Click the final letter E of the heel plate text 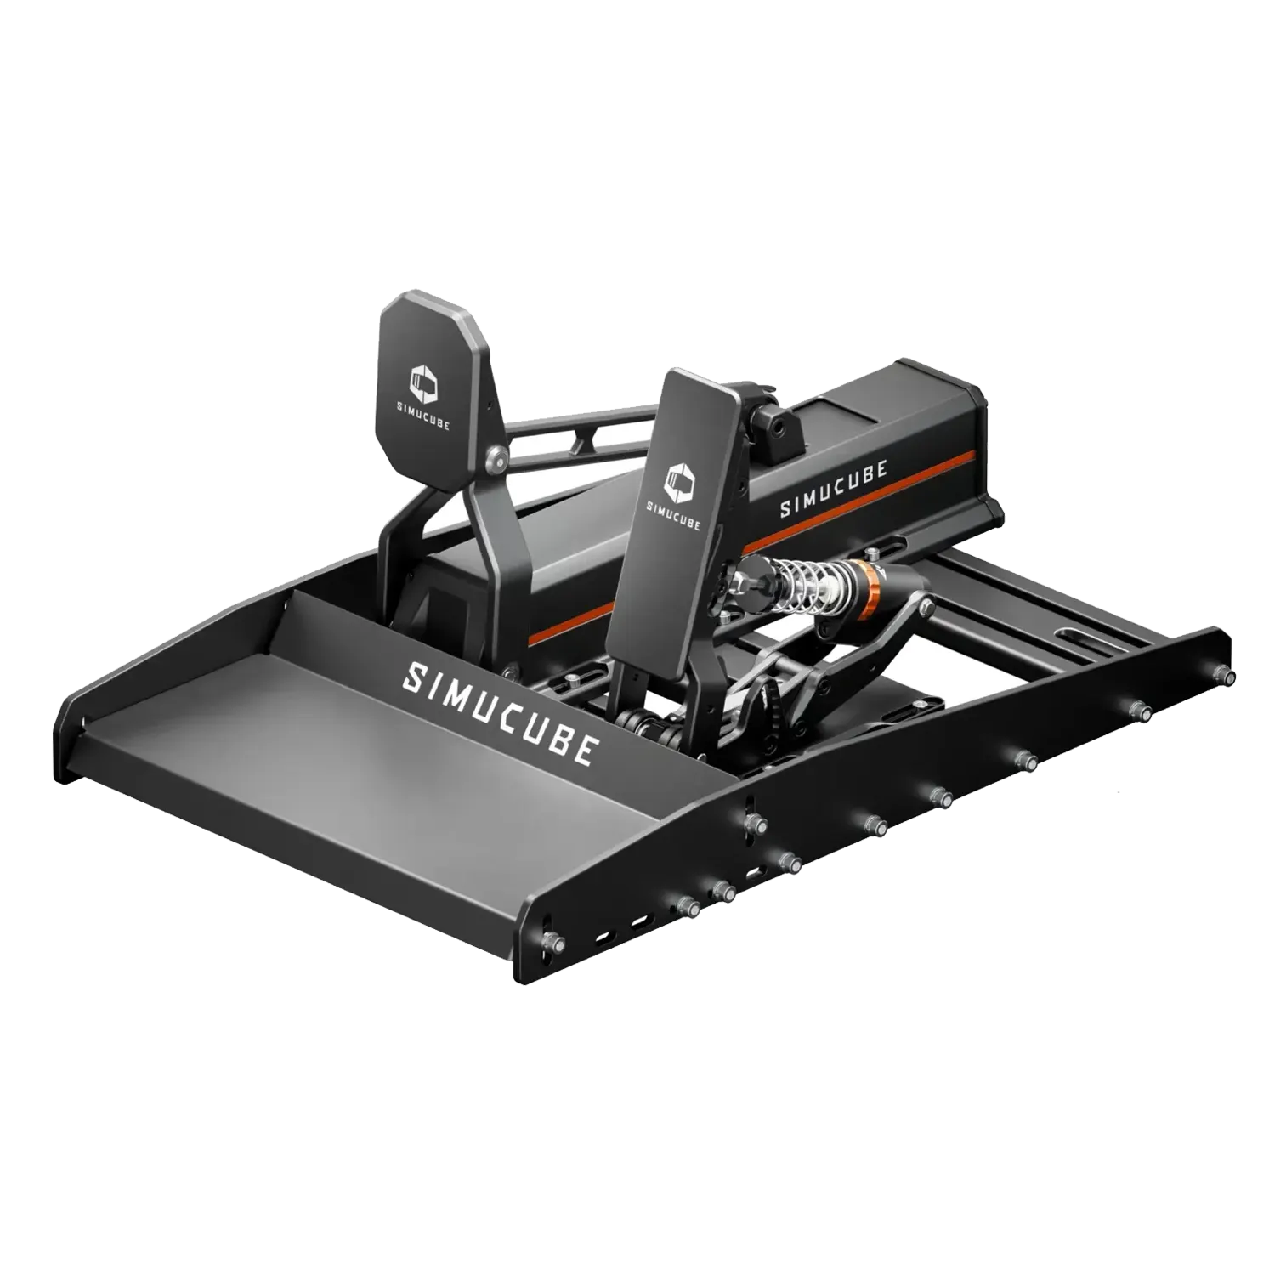click(583, 750)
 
